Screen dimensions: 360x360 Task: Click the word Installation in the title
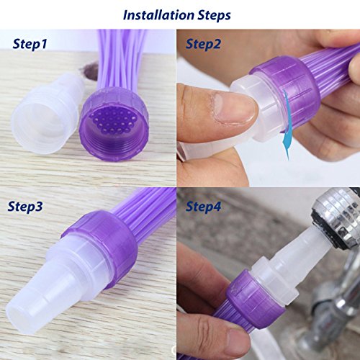158,15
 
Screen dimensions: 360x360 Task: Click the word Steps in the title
214,16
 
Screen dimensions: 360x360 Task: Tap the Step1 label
30,44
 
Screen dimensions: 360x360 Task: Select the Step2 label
203,44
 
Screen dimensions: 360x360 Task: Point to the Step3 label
25,207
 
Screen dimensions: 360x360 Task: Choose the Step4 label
204,207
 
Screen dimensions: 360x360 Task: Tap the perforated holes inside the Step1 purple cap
112,121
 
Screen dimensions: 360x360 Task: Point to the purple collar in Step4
254,297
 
